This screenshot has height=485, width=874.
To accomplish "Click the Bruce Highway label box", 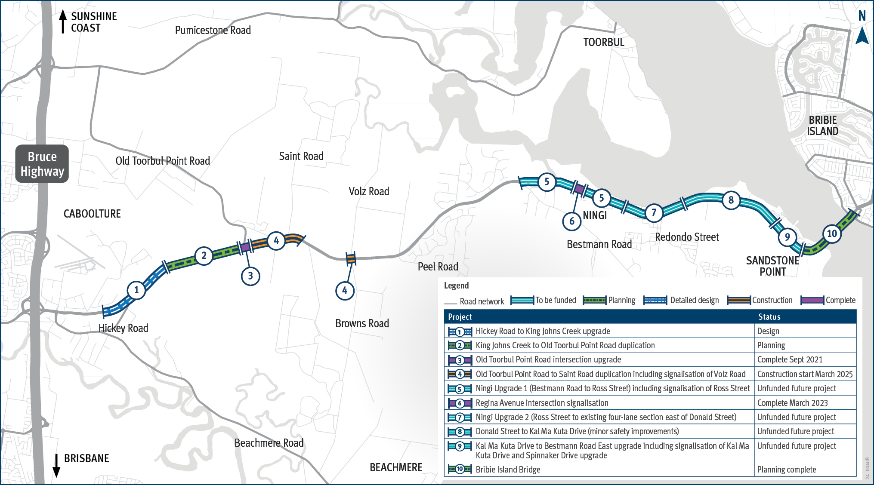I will pos(42,164).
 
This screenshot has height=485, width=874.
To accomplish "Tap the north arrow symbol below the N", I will pos(862,36).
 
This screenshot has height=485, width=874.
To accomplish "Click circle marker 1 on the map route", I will pos(136,290).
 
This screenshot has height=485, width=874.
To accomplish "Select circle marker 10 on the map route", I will pos(832,234).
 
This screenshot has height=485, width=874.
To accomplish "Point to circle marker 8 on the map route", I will pos(731,200).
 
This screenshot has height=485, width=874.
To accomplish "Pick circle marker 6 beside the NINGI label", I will pos(571,221).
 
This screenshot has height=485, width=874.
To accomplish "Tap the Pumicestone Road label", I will pos(213,31).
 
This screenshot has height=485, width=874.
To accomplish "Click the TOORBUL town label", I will pos(603,42).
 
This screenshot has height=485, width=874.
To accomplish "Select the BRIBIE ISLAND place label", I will pos(822,126).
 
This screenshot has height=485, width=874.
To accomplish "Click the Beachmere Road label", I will pos(269,443).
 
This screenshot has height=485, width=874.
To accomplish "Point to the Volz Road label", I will pos(369,191).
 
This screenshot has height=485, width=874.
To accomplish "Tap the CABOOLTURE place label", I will pos(92,214).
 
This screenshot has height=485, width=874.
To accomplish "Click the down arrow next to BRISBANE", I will pos(56,465).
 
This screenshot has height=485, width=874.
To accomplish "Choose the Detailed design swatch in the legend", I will pos(655,301).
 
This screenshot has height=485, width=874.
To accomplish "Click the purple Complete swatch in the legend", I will pos(812,301).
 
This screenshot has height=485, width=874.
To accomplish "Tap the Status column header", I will pos(769,317).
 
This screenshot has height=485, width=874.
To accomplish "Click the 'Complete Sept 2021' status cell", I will pos(790,360).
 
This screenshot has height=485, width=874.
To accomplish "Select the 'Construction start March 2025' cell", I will pos(805,374).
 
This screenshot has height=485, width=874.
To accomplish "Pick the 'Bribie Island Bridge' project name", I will pos(508,470).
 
